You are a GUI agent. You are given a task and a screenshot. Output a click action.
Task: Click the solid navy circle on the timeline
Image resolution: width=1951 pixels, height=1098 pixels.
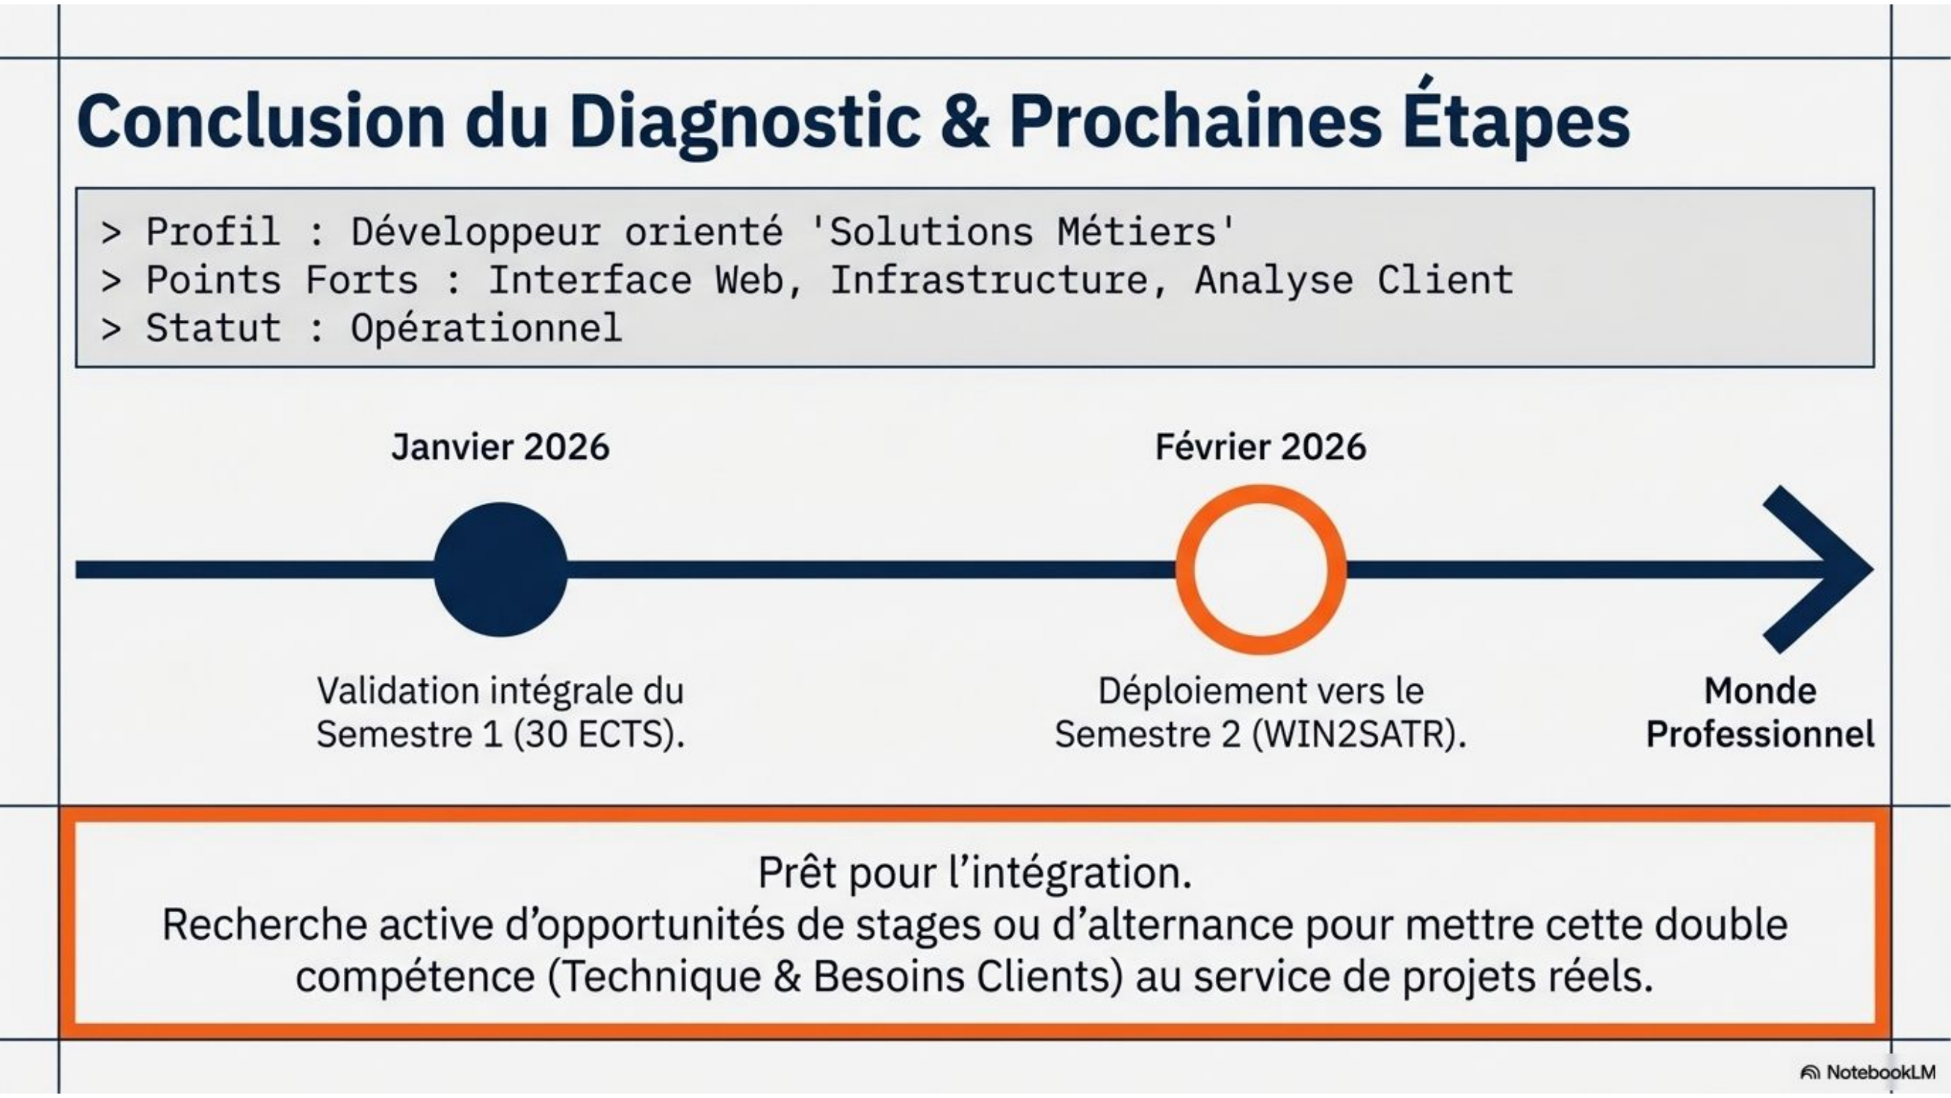pos(500,569)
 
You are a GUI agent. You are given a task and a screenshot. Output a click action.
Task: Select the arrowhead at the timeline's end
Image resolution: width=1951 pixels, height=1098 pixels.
pos(1818,569)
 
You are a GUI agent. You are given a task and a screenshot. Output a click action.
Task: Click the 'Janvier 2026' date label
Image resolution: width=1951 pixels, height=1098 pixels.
pos(500,447)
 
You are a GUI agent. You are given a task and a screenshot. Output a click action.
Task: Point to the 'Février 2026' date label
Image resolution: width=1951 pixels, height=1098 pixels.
pos(1261,447)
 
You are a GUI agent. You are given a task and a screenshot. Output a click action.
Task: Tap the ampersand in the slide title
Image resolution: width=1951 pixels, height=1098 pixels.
pos(965,122)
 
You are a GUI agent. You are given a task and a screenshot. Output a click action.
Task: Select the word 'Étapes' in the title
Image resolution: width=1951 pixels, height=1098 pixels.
pos(1516,117)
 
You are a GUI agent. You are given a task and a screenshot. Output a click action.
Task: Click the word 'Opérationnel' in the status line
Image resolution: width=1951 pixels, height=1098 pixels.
pos(486,329)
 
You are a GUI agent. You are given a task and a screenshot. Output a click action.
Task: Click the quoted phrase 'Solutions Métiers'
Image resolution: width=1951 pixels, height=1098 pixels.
pos(1022,231)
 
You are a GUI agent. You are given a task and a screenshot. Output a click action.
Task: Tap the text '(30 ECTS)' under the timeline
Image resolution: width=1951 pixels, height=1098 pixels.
pos(599,734)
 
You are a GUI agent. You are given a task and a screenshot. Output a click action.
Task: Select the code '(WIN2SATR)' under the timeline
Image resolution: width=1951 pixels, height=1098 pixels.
pos(1359,734)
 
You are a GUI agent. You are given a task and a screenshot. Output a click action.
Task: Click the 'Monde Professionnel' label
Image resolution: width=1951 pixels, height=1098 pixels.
pos(1760,712)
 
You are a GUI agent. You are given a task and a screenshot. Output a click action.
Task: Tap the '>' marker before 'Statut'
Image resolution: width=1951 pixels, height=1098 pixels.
pos(111,329)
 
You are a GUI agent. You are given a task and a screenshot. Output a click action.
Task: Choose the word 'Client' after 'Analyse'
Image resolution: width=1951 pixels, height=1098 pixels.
pos(1445,280)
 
